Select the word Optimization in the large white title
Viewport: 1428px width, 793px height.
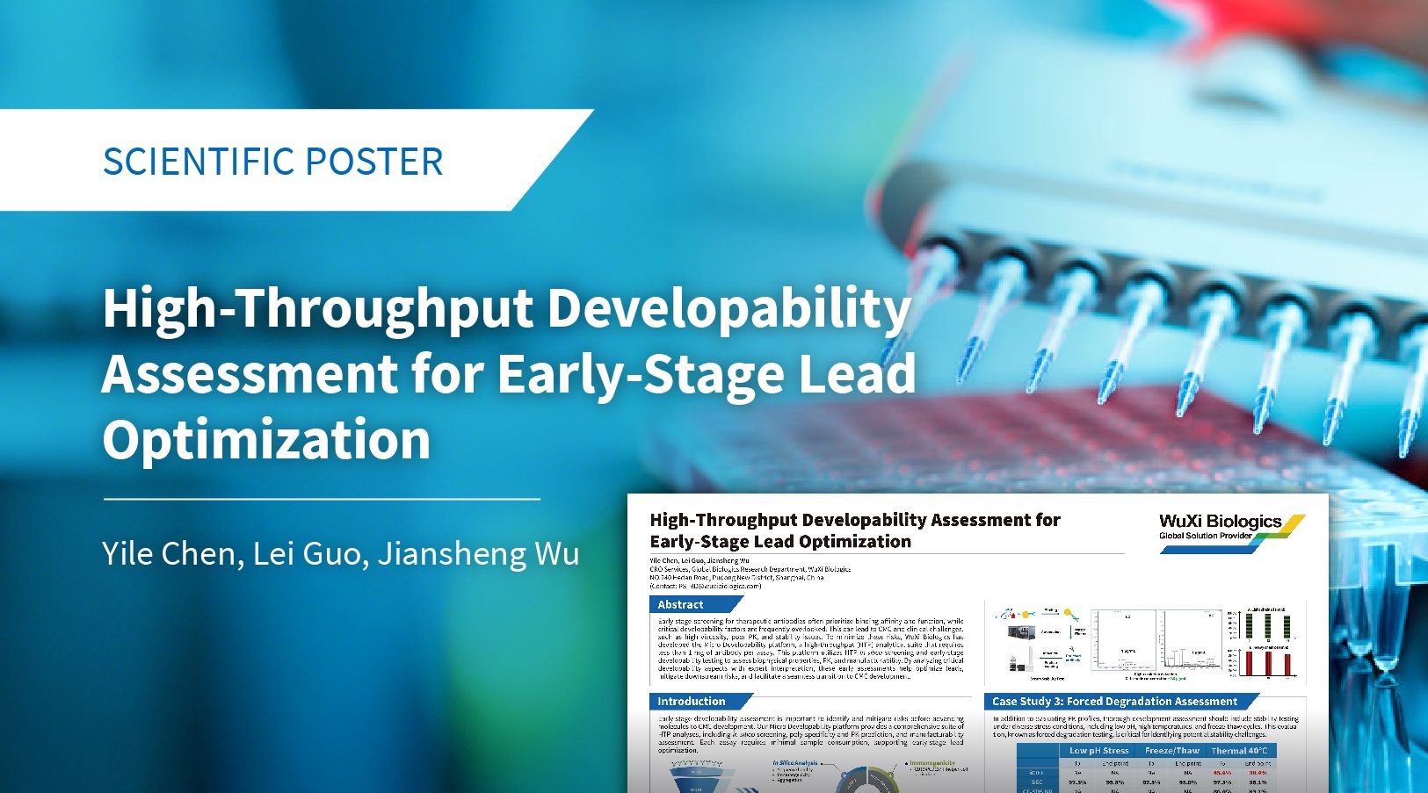(x=266, y=439)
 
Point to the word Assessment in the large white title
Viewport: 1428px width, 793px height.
(x=249, y=373)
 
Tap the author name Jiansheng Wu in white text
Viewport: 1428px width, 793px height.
(x=478, y=553)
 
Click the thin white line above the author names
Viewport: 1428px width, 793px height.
(x=322, y=499)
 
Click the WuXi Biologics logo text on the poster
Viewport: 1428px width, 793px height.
(x=1220, y=522)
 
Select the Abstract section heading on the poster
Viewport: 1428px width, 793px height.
(x=681, y=604)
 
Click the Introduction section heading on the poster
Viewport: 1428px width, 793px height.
(x=692, y=702)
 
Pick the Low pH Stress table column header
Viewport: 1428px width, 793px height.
(x=1098, y=751)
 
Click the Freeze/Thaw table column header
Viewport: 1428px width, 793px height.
(x=1171, y=751)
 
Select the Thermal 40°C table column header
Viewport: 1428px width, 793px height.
(x=1239, y=751)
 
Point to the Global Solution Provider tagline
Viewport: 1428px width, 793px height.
(x=1206, y=536)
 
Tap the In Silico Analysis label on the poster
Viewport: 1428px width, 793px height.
(x=795, y=763)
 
